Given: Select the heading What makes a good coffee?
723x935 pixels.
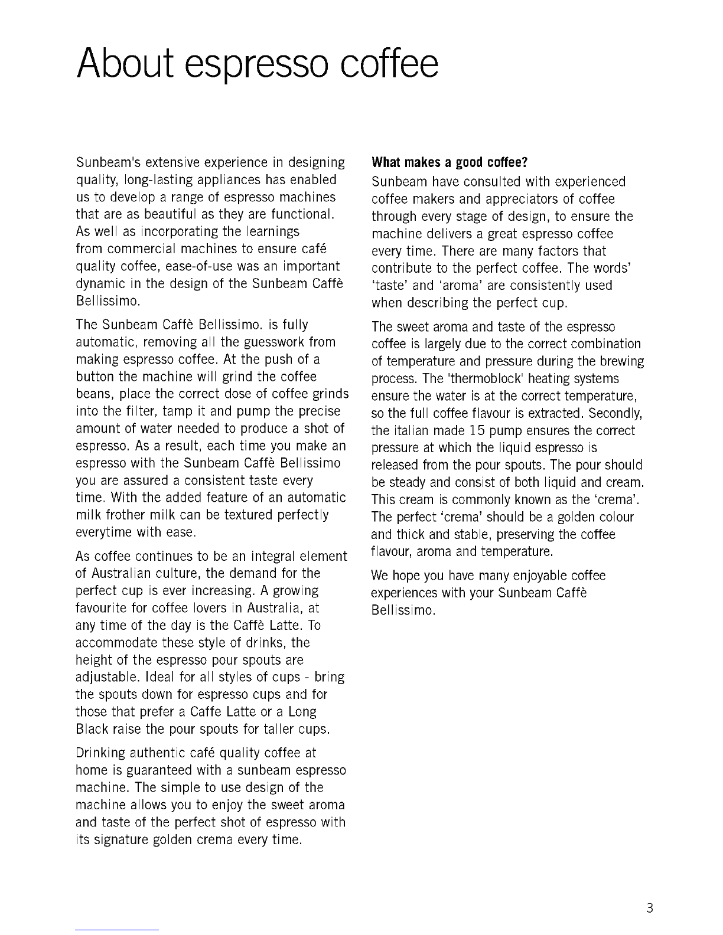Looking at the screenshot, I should click(449, 162).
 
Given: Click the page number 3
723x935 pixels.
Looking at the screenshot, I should click(650, 908).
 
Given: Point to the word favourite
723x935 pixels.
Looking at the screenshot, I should click(105, 609).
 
